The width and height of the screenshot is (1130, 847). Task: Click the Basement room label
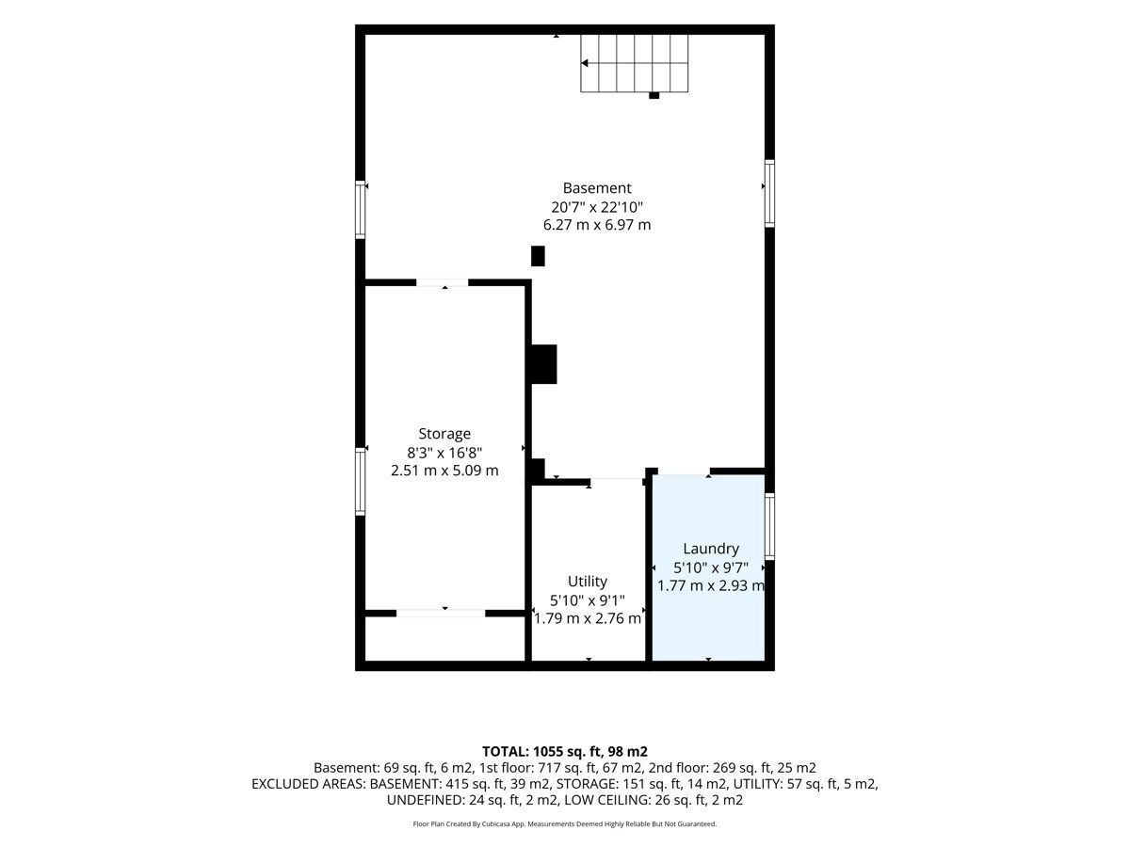click(x=597, y=187)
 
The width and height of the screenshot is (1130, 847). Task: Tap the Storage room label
click(x=444, y=434)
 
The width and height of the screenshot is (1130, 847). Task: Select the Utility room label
click(x=588, y=581)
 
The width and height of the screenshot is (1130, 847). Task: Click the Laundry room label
click(x=711, y=549)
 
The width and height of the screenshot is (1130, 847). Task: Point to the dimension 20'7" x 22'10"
click(x=597, y=207)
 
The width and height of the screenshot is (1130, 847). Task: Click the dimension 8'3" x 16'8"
click(x=444, y=453)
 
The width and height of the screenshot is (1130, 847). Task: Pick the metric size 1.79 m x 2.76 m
click(x=588, y=618)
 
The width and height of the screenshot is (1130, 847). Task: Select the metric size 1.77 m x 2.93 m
click(x=711, y=585)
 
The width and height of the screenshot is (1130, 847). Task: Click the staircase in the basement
click(x=635, y=63)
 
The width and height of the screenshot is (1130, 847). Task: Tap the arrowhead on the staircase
click(x=585, y=63)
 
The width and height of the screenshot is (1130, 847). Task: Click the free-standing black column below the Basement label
click(x=538, y=256)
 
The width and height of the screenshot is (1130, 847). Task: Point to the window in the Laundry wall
click(x=769, y=526)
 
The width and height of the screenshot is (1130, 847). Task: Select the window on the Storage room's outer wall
click(x=361, y=481)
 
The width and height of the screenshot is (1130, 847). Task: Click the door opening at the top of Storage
click(x=443, y=282)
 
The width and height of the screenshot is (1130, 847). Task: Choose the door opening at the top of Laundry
click(x=685, y=471)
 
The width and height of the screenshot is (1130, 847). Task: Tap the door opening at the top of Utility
click(x=616, y=482)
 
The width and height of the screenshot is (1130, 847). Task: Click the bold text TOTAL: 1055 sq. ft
click(x=541, y=751)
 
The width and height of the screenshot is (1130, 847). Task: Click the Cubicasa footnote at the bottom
click(x=565, y=823)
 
